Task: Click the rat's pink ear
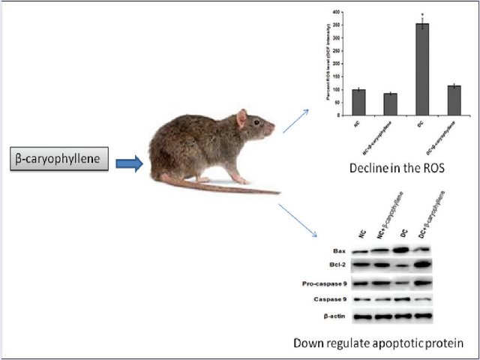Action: [241, 118]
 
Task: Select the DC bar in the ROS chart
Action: [423, 68]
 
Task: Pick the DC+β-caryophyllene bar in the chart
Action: [454, 100]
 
